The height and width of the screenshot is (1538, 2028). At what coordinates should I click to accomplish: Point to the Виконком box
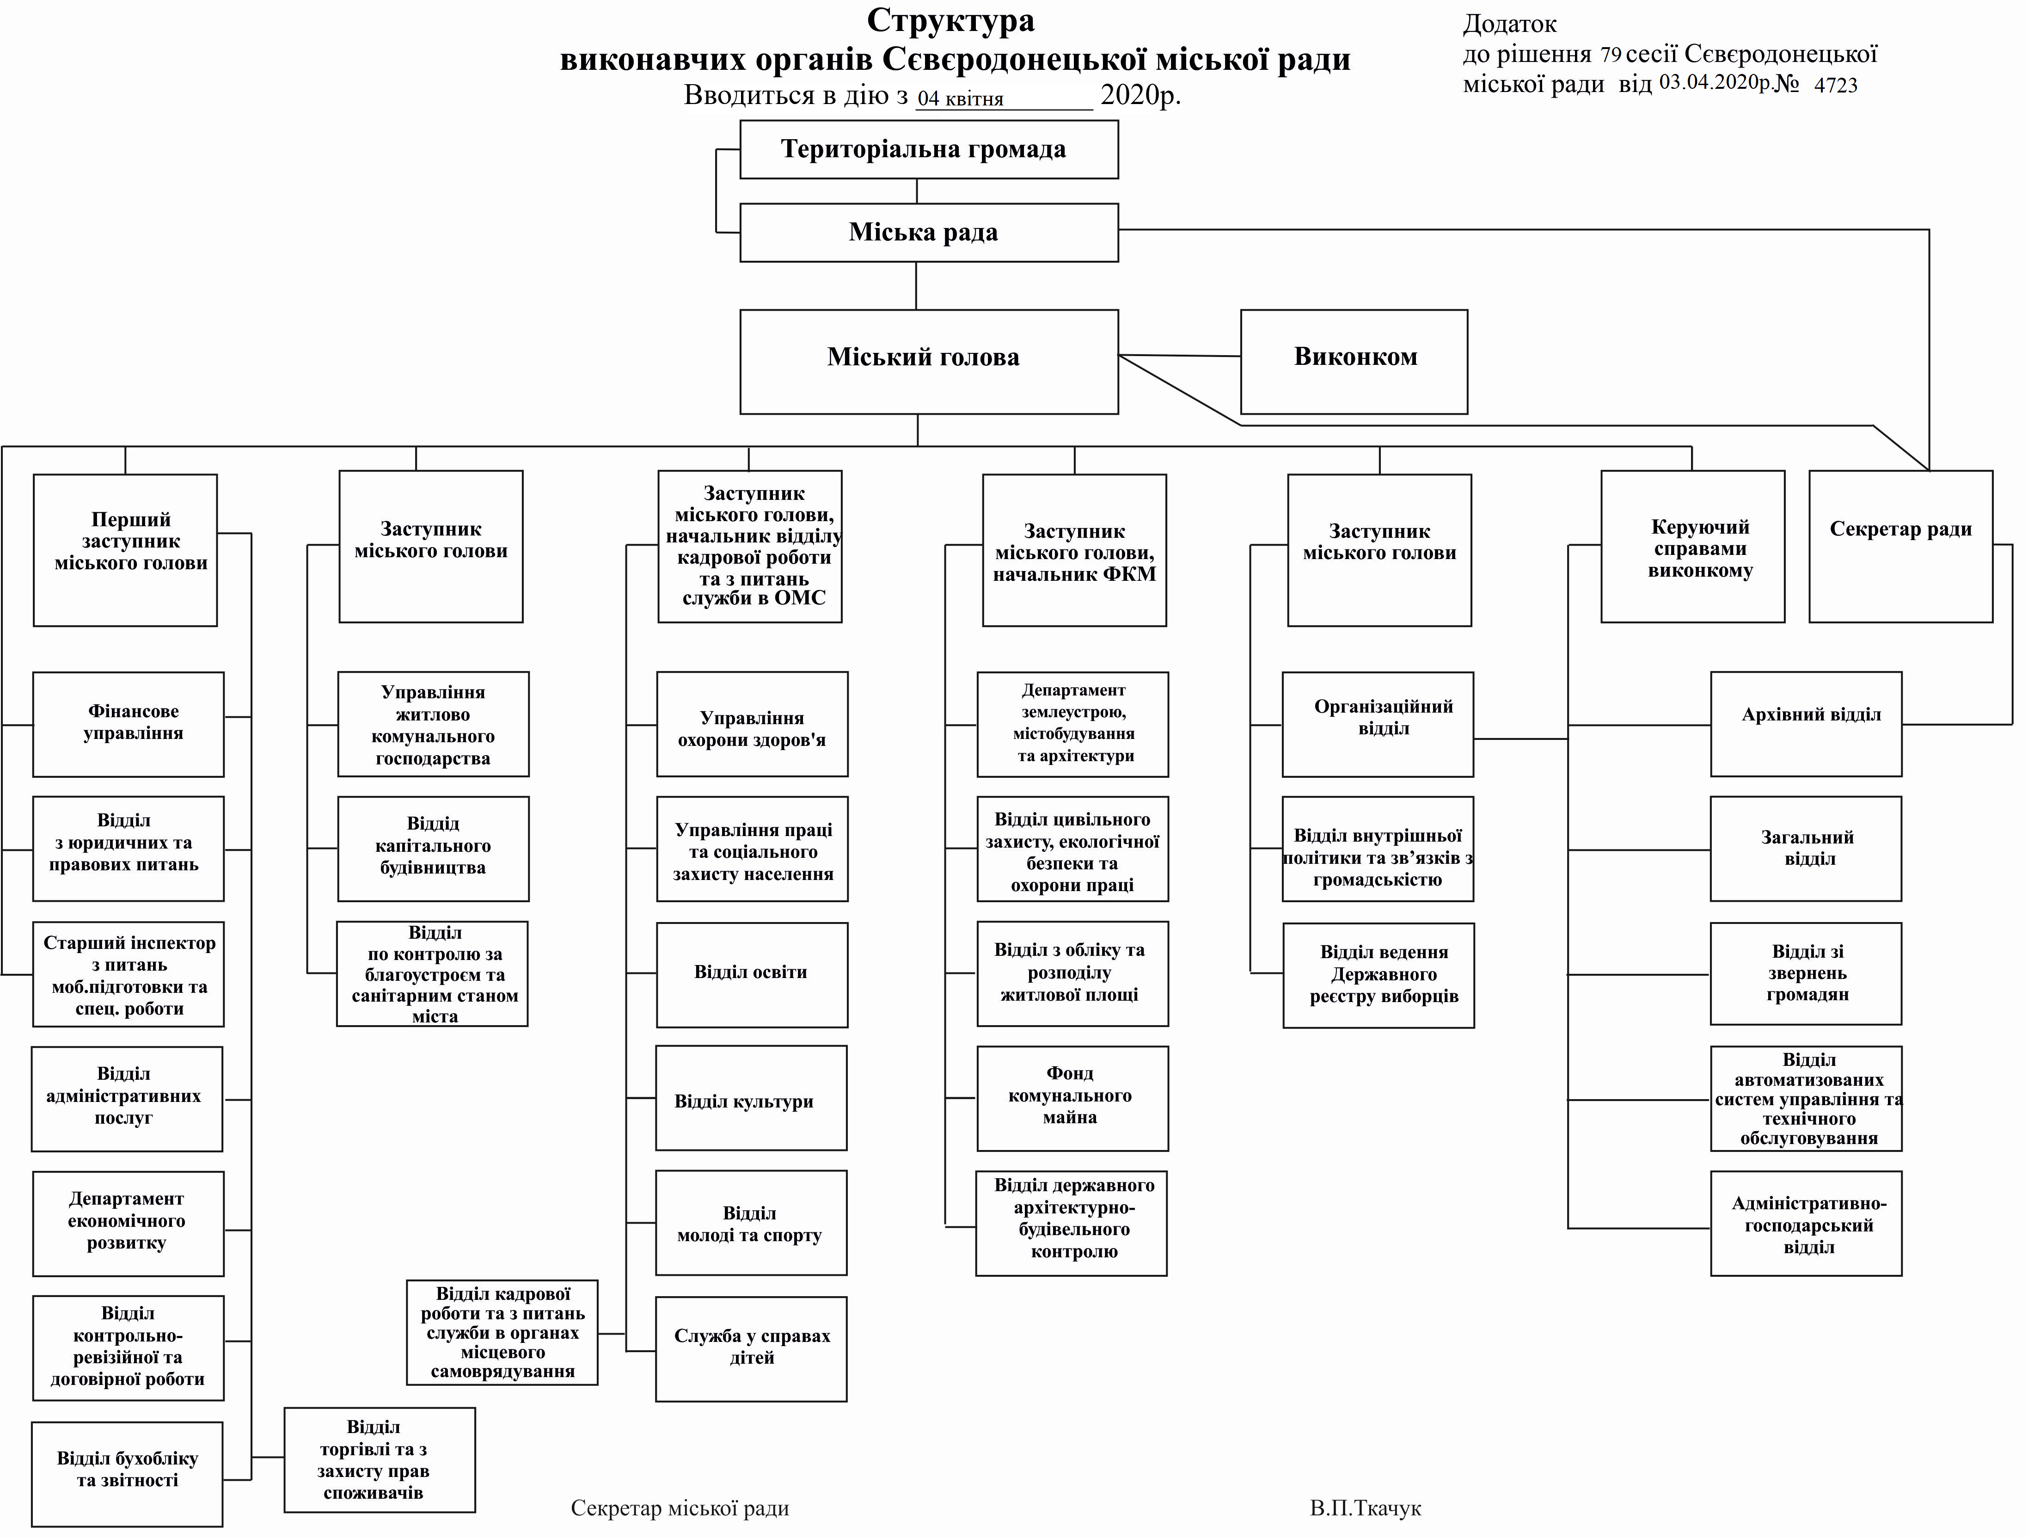pos(1353,361)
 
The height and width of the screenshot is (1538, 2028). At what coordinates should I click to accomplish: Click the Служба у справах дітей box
pos(750,1348)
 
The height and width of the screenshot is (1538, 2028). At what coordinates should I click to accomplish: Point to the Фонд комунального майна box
pos(1072,1098)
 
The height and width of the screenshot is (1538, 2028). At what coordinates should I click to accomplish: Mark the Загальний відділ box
pos(1805,849)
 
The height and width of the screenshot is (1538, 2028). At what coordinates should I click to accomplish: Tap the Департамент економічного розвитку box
pos(129,1224)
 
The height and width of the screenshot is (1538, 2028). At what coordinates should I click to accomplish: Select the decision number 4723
pos(1836,85)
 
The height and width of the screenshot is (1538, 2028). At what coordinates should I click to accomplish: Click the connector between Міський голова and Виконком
pos(1179,355)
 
